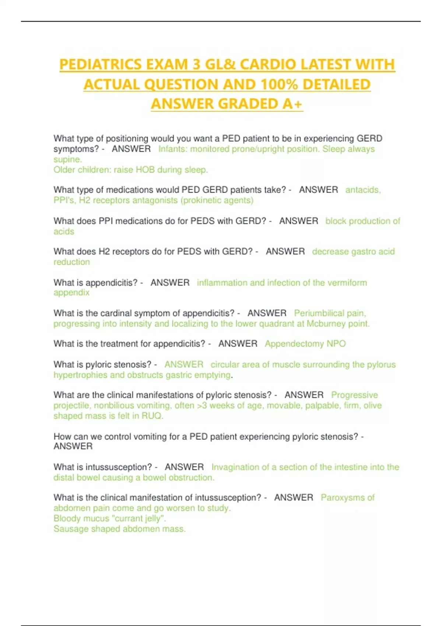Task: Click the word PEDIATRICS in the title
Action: [101, 64]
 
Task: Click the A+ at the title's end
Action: [292, 104]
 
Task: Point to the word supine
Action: [67, 159]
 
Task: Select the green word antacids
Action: [362, 190]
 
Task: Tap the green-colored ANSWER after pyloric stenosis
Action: [184, 365]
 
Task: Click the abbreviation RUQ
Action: [152, 416]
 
